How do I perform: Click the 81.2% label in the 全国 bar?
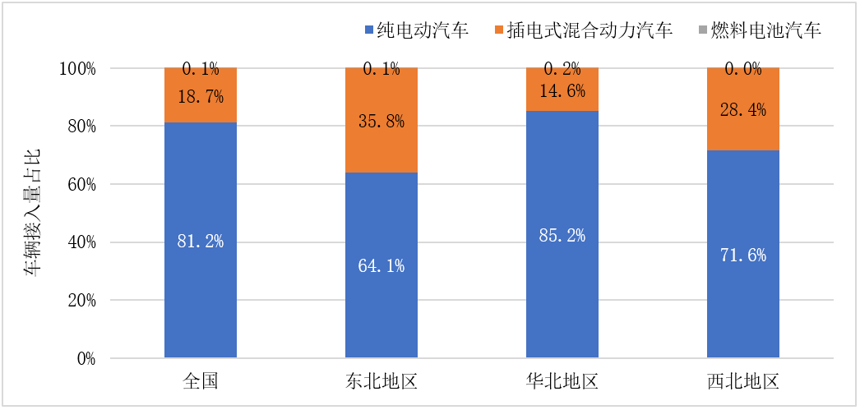pos(201,242)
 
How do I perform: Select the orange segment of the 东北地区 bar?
pos(381,144)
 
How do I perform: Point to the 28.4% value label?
pos(744,110)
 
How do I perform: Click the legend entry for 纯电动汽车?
pos(415,31)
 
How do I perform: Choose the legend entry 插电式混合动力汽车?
pos(584,31)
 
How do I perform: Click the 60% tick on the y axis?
pos(79,185)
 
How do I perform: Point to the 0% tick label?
pos(86,359)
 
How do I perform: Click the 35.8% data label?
pos(381,121)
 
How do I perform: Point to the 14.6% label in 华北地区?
pos(562,90)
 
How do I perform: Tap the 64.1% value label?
pos(381,266)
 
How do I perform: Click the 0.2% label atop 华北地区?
pos(562,70)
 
